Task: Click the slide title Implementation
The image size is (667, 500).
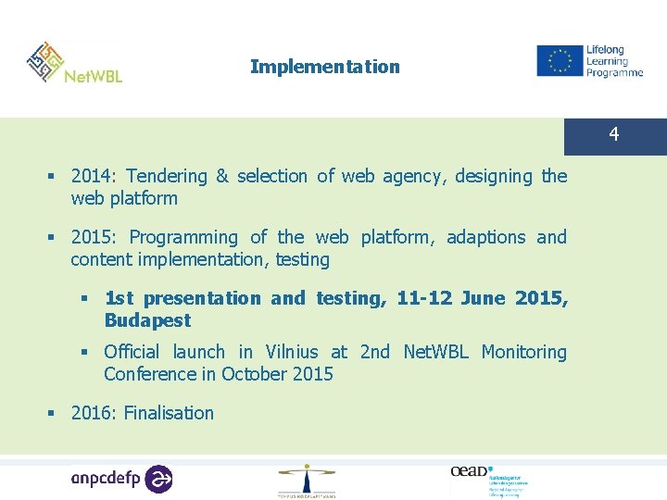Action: pos(324,67)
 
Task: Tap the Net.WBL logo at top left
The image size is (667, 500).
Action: pos(74,63)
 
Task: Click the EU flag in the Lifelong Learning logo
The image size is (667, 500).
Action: pos(559,61)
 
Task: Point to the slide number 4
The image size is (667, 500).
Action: pos(613,136)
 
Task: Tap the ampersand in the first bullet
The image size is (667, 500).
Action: pos(221,176)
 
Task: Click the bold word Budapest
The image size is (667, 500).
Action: pos(147,320)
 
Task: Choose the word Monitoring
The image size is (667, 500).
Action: pos(523,352)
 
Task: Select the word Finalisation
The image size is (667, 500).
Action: pos(169,413)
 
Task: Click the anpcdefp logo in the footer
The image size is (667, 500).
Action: pos(121,478)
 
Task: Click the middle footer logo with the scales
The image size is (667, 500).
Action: pos(307,480)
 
